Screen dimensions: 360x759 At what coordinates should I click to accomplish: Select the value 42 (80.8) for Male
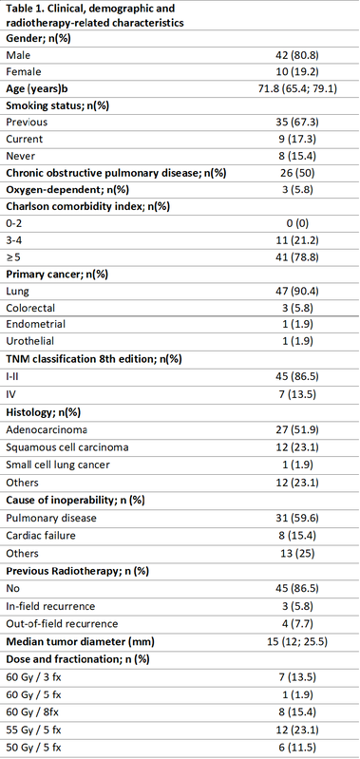(296, 56)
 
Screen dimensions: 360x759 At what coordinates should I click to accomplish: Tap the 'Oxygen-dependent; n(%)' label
(61, 189)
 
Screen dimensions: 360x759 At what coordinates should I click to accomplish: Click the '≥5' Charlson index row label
(13, 256)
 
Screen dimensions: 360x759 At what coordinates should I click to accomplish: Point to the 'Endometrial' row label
(28, 324)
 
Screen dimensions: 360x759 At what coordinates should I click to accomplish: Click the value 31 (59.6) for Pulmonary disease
(296, 518)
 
